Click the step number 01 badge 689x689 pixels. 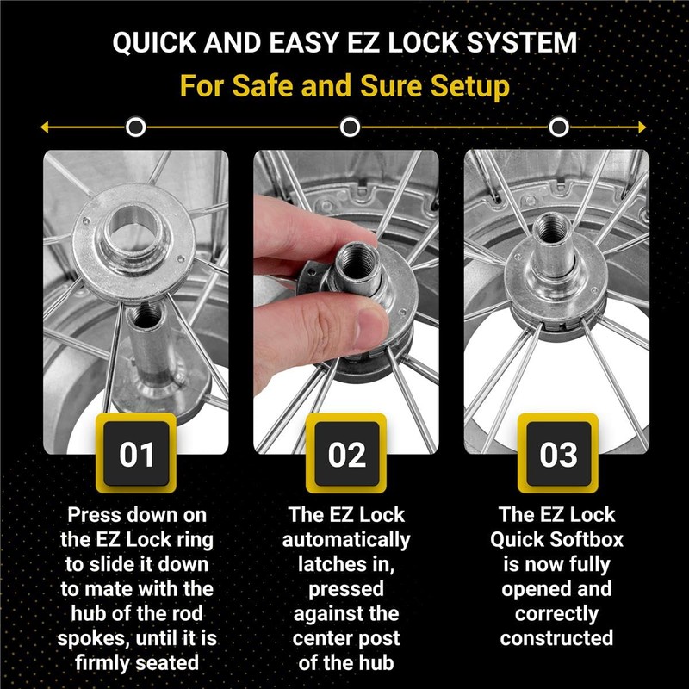coord(136,454)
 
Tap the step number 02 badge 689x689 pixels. coord(346,454)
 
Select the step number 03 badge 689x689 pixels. coord(557,454)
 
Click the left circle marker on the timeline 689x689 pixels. coord(135,127)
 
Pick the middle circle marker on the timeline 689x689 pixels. coord(350,127)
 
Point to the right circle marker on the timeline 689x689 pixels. coord(559,127)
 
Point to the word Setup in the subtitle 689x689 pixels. coord(469,86)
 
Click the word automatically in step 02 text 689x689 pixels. coord(346,540)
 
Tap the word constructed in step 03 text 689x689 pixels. coord(557,638)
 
